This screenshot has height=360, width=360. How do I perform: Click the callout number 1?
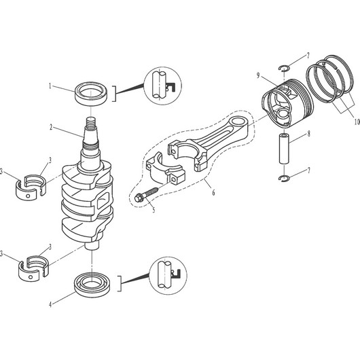(50, 86)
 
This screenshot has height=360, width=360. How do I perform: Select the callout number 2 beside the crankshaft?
(51, 127)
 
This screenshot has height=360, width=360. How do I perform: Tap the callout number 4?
(50, 305)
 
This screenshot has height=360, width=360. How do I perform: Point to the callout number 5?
(154, 210)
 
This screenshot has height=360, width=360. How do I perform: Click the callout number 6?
(213, 192)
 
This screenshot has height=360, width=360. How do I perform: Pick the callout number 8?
(309, 134)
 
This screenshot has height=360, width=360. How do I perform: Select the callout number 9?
(258, 75)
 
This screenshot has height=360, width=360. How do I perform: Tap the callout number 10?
(357, 122)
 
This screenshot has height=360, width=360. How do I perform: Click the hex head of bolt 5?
(138, 198)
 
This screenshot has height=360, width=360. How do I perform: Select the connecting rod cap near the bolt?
(165, 168)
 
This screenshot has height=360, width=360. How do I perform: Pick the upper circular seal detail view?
(163, 86)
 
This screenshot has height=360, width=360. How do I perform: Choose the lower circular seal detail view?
(168, 276)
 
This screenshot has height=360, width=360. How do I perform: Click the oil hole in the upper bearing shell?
(28, 196)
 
